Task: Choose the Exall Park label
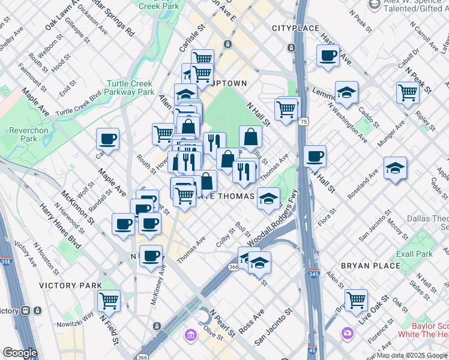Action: click(414, 254)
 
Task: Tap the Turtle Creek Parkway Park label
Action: click(130, 88)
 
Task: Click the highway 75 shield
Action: click(304, 121)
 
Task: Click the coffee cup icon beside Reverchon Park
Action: click(108, 139)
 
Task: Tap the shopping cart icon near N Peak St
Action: click(408, 92)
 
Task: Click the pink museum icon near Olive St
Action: click(191, 334)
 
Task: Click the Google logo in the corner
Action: click(20, 353)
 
